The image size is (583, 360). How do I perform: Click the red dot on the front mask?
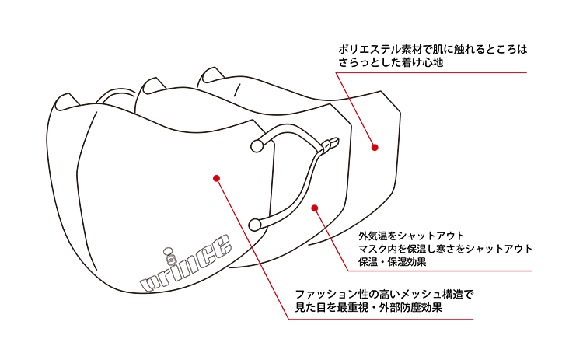coord(216,178)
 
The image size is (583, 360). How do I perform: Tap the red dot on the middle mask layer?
coord(314,207)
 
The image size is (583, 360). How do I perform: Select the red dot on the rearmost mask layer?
coord(374,146)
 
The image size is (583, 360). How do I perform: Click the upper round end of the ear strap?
coord(257,145)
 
